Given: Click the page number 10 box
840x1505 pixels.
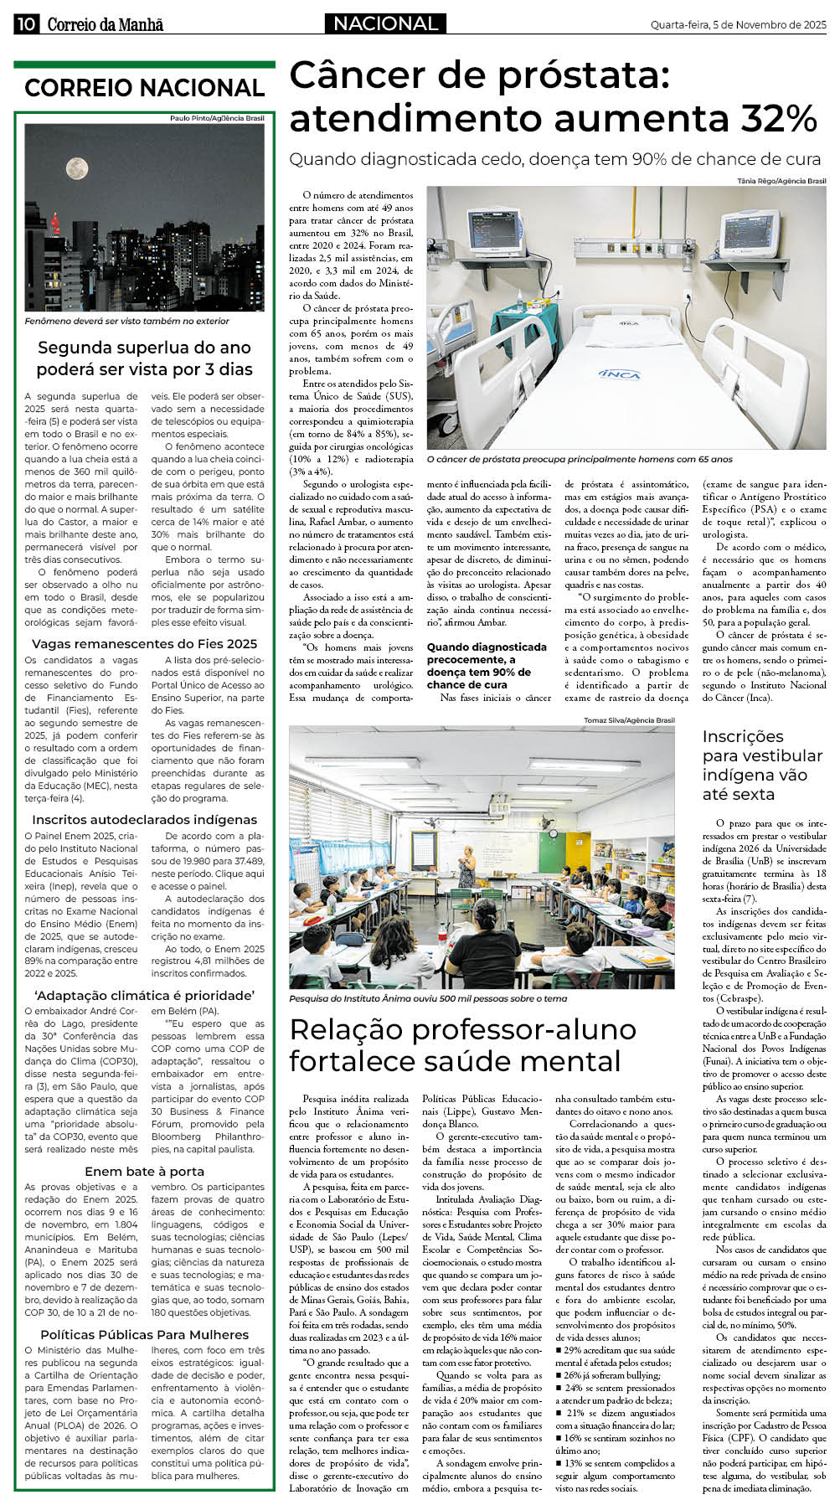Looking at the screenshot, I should [x=25, y=24].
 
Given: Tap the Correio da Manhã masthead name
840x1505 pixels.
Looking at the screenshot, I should [x=105, y=24].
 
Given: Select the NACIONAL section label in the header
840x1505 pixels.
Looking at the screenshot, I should [x=385, y=24].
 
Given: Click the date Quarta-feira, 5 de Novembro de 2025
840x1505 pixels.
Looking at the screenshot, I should [x=738, y=25].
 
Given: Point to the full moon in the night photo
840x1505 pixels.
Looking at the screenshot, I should [x=77, y=168].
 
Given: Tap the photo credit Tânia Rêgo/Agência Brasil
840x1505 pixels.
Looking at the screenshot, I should [x=781, y=181].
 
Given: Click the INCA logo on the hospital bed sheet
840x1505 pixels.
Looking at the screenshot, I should [x=620, y=374].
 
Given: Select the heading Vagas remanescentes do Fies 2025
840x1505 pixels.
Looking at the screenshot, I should [x=144, y=644].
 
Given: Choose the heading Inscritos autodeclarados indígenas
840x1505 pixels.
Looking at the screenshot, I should [x=144, y=820].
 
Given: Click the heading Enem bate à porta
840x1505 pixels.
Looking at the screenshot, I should [x=144, y=1172].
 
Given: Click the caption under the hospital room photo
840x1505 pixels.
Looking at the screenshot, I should [x=580, y=459].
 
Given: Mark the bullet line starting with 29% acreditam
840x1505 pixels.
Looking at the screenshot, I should [x=614, y=1351].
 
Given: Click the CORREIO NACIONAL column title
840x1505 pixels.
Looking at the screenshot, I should [x=144, y=88].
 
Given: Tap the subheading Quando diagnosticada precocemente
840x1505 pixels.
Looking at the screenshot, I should [x=486, y=666].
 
